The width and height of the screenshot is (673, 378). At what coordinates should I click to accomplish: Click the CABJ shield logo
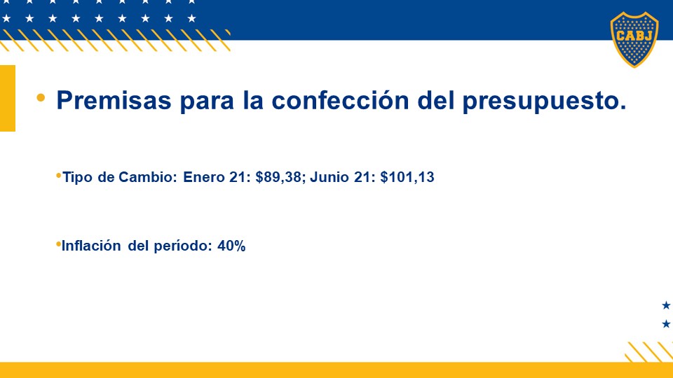[x=634, y=39]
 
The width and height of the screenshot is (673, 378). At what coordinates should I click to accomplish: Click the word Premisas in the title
[x=114, y=100]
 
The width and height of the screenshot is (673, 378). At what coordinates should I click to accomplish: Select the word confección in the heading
[x=341, y=100]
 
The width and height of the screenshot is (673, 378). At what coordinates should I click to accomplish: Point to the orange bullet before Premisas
[x=41, y=98]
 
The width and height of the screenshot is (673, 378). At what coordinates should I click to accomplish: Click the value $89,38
[x=278, y=177]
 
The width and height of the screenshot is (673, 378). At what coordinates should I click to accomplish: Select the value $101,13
[x=407, y=177]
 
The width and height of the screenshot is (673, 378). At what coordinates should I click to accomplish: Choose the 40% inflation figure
[x=231, y=246]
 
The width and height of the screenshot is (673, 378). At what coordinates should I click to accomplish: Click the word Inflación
[x=91, y=246]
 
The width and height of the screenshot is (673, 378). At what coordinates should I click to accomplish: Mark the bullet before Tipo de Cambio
[x=58, y=175]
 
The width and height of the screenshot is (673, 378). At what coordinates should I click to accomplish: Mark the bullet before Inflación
[x=58, y=244]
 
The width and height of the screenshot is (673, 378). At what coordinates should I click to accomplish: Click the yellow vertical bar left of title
[x=8, y=98]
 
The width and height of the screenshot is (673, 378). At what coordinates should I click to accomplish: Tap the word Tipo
[x=78, y=177]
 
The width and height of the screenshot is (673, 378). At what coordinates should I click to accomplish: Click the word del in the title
[x=435, y=100]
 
